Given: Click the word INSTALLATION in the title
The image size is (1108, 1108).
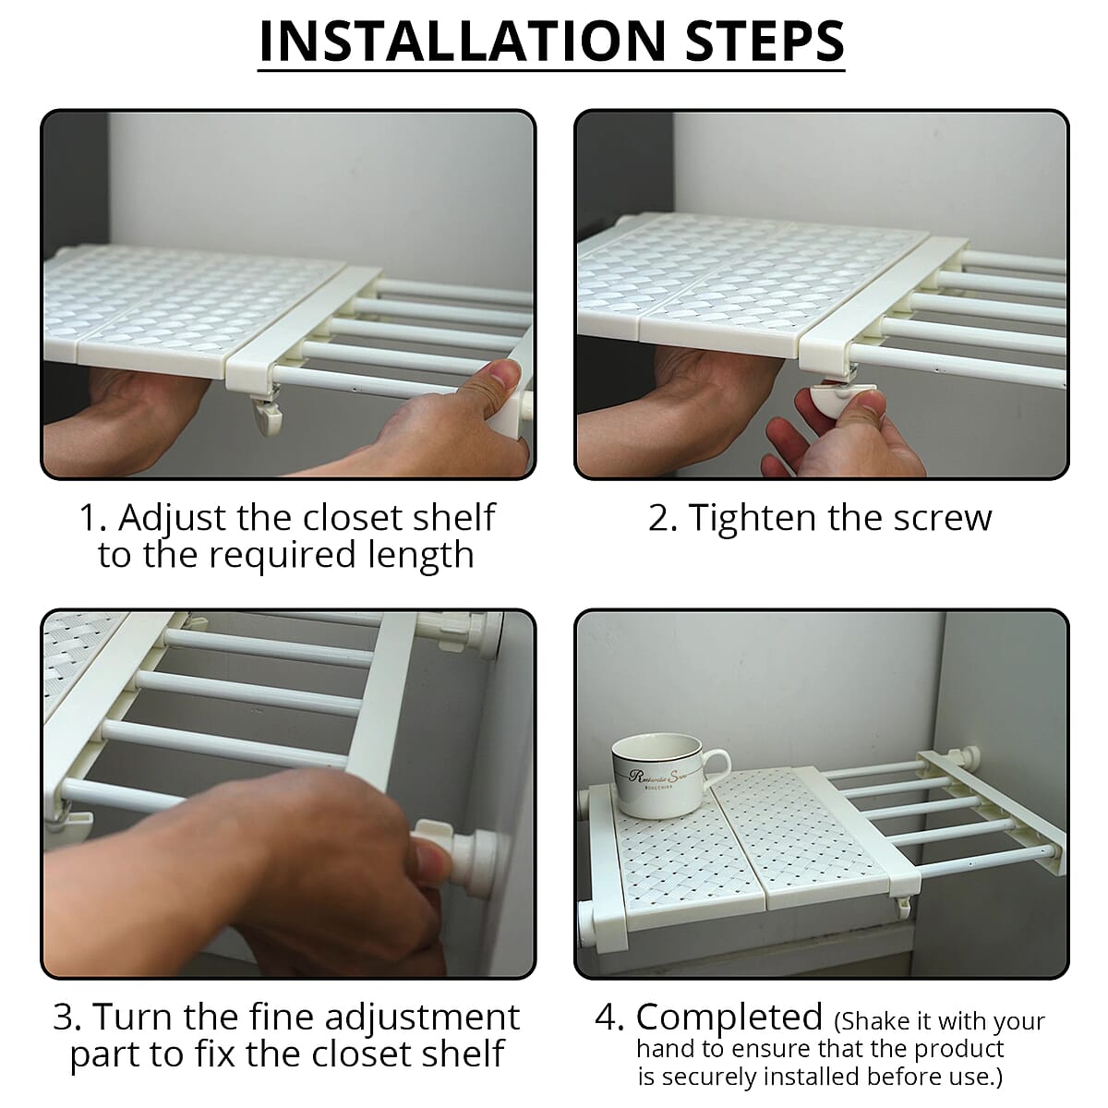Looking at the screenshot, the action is pos(463,42).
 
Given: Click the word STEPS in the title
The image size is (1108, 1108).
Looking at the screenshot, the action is pos(765,42).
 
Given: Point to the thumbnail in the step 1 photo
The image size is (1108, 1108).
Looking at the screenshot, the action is pos(504,374).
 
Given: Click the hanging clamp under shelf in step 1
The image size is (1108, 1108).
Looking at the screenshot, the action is pos(266,411).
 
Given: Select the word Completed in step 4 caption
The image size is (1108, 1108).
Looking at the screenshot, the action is pos(729,1017).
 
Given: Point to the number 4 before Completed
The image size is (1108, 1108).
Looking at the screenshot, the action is pos(606,1018).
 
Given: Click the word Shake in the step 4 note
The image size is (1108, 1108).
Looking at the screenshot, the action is pos(877,1022).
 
